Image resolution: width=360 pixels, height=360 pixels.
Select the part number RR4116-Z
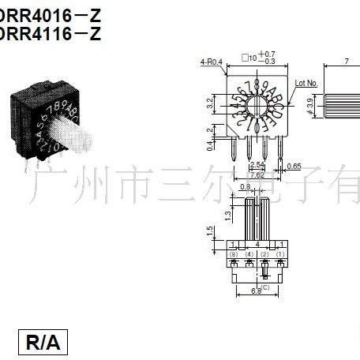click(52, 33)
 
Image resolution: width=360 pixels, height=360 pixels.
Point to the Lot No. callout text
click(306, 82)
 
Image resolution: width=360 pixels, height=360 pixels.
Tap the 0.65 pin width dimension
click(294, 166)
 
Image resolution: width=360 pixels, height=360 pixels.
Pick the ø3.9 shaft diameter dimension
click(309, 103)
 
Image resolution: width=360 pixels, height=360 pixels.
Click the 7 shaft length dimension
click(347, 61)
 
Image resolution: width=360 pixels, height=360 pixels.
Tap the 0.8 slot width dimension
click(246, 187)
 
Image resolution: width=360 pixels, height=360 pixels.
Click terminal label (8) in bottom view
click(234, 254)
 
